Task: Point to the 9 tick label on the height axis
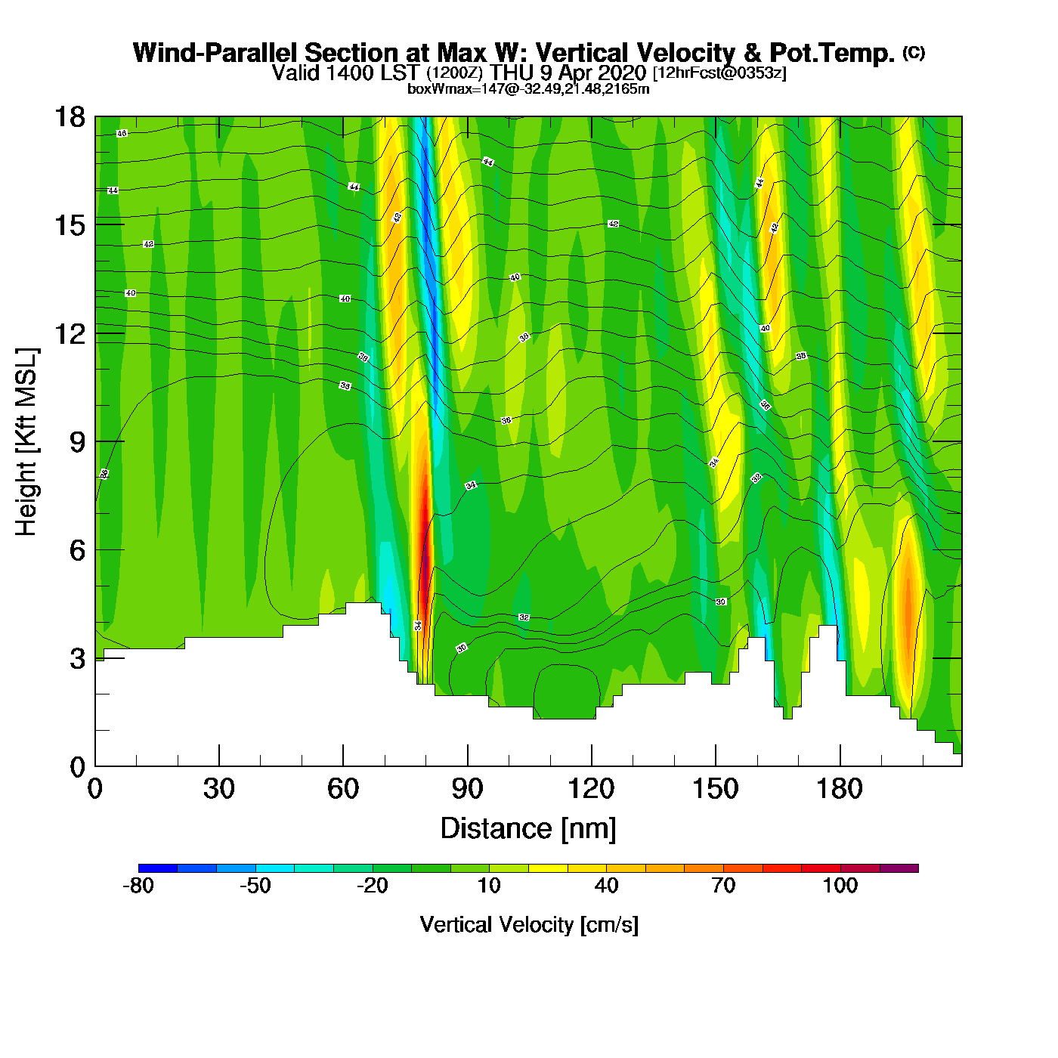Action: coord(77,442)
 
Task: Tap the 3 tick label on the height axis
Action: coord(77,659)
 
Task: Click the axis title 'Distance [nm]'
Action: coord(528,829)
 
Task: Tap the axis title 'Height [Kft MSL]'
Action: coord(26,442)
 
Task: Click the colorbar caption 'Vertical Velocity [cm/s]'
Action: coord(529,925)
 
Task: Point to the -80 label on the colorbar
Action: coord(138,886)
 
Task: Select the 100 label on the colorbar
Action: coord(840,886)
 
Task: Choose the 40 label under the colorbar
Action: coord(606,886)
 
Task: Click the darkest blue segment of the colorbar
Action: coord(158,868)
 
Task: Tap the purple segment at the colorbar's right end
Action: coord(899,868)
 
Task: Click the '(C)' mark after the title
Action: coord(914,52)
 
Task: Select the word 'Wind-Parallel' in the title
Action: coord(217,53)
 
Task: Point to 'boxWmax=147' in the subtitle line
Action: coord(448,89)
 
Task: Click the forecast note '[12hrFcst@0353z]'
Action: coord(719,73)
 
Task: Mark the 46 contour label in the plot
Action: coord(122,134)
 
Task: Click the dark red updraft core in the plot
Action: coord(425,559)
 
